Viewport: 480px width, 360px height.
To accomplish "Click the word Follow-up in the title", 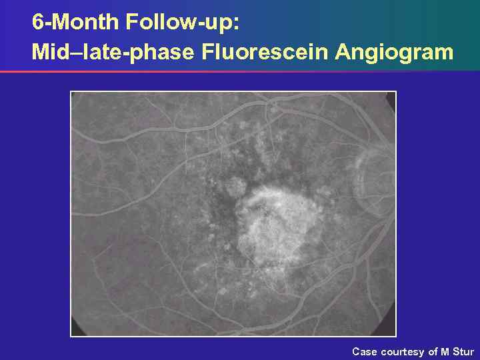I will [x=181, y=23].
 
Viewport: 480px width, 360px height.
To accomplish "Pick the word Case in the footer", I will [x=364, y=351].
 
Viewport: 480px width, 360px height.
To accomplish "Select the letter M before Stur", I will [x=445, y=351].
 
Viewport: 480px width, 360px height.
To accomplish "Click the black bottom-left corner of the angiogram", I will [x=76, y=331].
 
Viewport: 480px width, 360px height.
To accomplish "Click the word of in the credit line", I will [x=433, y=351].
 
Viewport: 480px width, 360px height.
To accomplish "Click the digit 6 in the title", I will [x=38, y=23].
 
